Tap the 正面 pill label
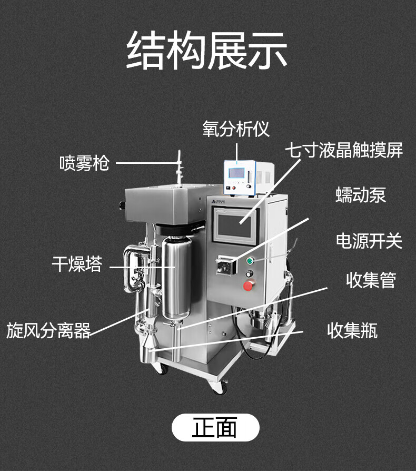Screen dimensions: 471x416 (215, 427)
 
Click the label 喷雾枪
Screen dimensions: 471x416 (84, 163)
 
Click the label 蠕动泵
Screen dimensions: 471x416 (361, 195)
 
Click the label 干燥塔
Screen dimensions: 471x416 (77, 264)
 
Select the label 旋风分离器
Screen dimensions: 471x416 (48, 330)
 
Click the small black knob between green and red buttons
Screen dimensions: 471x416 (250, 273)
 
